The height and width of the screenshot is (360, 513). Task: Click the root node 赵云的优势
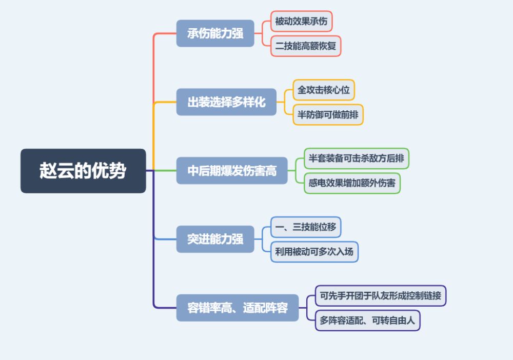point(83,171)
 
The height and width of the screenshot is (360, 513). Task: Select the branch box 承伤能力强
point(215,33)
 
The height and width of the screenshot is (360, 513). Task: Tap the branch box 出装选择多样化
point(226,102)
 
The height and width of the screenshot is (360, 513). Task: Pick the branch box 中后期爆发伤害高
point(232,171)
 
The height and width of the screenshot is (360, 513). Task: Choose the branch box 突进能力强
point(215,239)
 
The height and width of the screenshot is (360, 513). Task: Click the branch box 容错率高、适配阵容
point(238,308)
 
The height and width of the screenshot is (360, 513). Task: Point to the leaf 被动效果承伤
point(301,21)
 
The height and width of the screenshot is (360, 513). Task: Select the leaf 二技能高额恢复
point(306,46)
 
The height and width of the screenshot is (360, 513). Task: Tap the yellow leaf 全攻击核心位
point(324,90)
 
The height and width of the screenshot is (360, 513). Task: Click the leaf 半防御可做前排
point(328,115)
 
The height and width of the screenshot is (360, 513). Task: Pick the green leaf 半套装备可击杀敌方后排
point(357,158)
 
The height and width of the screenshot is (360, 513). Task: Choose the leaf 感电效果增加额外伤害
point(352,183)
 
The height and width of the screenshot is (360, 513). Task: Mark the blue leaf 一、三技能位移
point(306,227)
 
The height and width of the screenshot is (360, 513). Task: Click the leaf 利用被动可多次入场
point(314,252)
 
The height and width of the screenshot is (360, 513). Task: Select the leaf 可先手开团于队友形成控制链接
point(381,295)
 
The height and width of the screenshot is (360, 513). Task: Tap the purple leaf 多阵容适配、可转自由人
point(368,321)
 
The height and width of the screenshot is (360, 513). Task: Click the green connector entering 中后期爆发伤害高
point(165,171)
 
